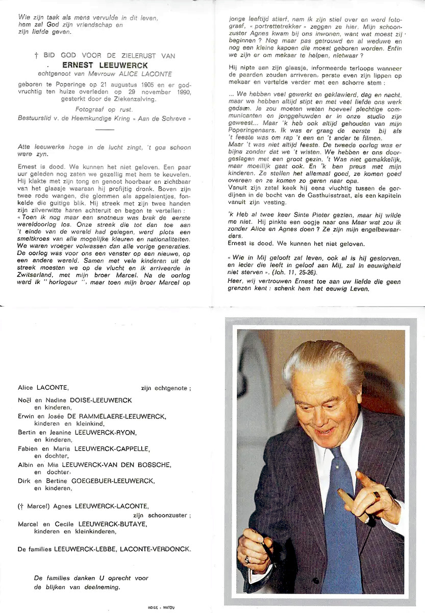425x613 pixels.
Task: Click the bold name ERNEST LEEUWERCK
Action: pyautogui.click(x=105, y=65)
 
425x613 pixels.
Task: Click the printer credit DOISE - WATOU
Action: pyautogui.click(x=161, y=607)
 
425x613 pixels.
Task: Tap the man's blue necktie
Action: pyautogui.click(x=340, y=511)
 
